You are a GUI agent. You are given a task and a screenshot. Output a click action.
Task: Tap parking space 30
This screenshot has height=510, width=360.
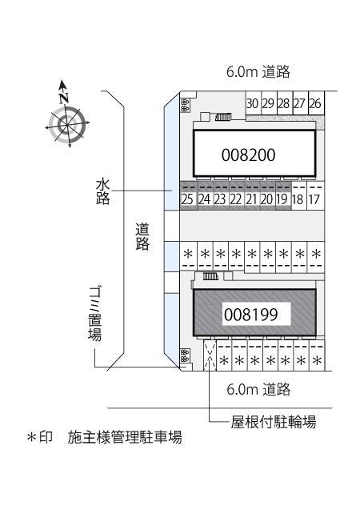tap(252, 103)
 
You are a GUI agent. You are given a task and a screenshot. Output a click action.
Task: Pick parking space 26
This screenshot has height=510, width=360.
tap(315, 103)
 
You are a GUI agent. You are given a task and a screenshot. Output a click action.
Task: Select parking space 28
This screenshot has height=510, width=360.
tap(283, 103)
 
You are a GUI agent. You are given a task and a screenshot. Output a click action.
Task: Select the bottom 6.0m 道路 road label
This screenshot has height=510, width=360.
tap(258, 390)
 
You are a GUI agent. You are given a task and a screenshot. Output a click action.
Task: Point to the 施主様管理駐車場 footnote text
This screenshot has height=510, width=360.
tap(126, 438)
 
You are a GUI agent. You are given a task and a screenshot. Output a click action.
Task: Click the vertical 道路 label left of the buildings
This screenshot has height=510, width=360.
tap(143, 237)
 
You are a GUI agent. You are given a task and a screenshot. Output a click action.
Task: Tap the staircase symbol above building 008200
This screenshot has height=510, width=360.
tap(223, 117)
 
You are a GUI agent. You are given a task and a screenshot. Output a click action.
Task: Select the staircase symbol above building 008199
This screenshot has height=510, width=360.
tap(210, 276)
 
